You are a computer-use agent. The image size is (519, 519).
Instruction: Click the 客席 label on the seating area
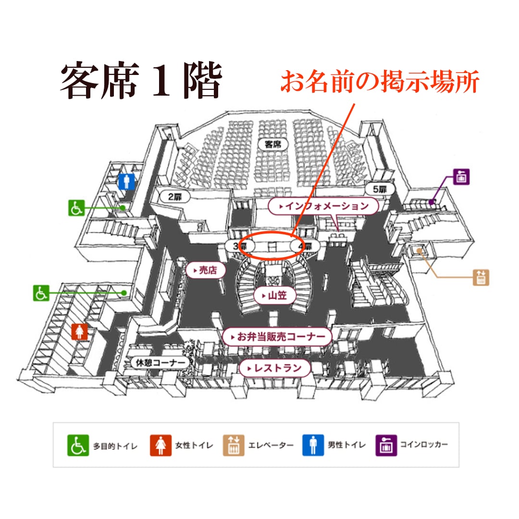(272, 143)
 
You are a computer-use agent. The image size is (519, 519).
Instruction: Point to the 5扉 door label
(380, 189)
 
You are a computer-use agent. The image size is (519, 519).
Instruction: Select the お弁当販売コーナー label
(277, 337)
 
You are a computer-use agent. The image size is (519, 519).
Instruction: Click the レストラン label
(275, 369)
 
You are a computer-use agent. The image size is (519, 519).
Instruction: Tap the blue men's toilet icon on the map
(126, 182)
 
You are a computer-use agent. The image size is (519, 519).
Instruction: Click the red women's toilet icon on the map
(80, 332)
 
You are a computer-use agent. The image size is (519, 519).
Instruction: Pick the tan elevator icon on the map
(481, 277)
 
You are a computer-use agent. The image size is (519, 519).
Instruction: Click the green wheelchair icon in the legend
(77, 445)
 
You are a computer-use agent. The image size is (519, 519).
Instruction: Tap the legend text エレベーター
(271, 445)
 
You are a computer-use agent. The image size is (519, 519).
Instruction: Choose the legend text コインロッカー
(424, 445)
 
